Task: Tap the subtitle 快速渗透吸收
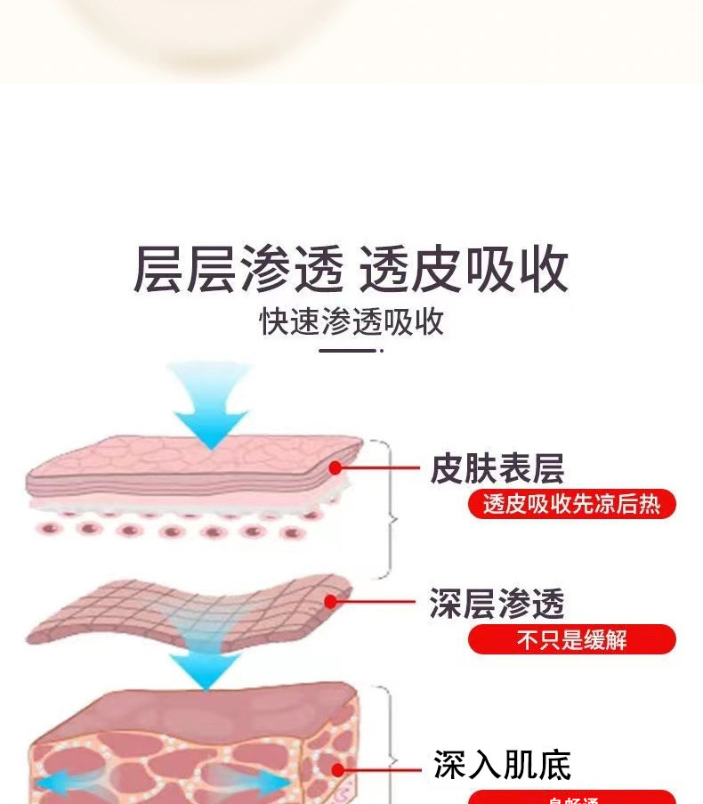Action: [351, 322]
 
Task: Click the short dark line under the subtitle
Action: [349, 351]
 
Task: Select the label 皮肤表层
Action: [497, 468]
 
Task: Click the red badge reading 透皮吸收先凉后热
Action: [571, 505]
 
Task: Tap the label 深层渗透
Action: [497, 604]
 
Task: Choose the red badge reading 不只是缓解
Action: [571, 639]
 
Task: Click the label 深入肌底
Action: [502, 765]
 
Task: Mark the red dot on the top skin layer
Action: [335, 467]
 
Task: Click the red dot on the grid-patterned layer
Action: [331, 602]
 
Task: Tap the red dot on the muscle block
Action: [337, 770]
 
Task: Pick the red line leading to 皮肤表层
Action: [378, 467]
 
